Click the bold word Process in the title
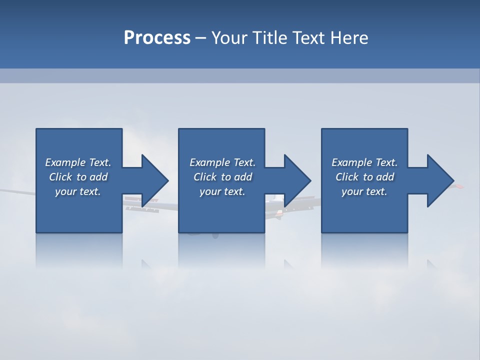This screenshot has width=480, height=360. pyautogui.click(x=157, y=38)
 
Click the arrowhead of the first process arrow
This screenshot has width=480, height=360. pyautogui.click(x=155, y=180)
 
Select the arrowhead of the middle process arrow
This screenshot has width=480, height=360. pyautogui.click(x=297, y=180)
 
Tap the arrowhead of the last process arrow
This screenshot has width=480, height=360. pyautogui.click(x=440, y=180)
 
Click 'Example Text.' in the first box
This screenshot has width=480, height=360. pyautogui.click(x=78, y=162)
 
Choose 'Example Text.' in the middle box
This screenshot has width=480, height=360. pyautogui.click(x=222, y=162)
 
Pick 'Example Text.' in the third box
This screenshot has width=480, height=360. pyautogui.click(x=364, y=162)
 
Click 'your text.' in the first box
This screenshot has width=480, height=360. pyautogui.click(x=78, y=191)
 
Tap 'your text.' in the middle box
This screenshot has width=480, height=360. pyautogui.click(x=222, y=191)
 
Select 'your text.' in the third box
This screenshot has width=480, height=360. pyautogui.click(x=364, y=191)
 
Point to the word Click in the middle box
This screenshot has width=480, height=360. pyautogui.click(x=205, y=177)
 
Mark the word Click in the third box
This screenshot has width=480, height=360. pyautogui.click(x=347, y=177)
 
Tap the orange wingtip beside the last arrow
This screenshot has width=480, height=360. pyautogui.click(x=458, y=186)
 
